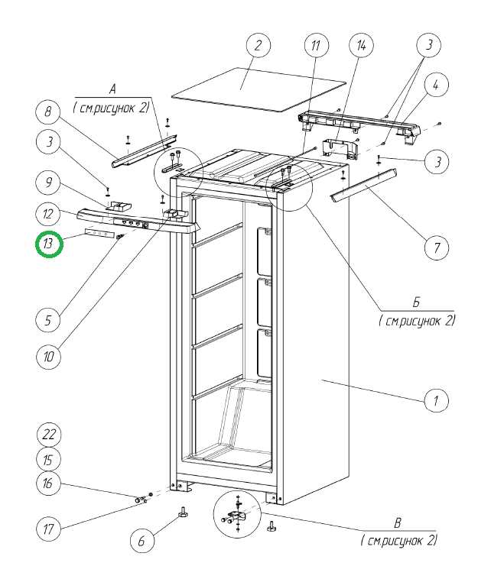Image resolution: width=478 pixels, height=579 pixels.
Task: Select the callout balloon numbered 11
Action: [314, 47]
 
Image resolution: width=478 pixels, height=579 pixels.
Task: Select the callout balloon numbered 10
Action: [47, 357]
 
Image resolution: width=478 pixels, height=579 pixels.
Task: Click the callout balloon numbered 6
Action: [141, 539]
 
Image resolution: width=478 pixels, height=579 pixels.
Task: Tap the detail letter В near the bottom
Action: [398, 524]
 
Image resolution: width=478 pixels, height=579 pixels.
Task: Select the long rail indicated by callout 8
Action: [145, 150]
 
